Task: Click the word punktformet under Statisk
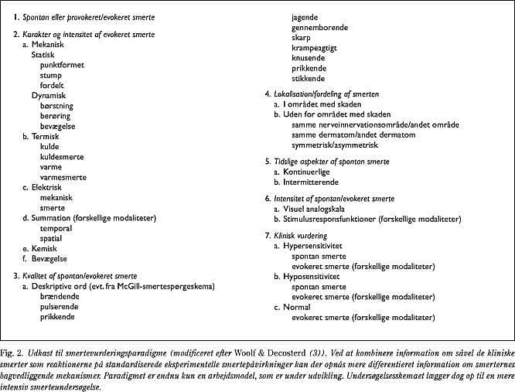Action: (63, 65)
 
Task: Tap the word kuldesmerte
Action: (62, 156)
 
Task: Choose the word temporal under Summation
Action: (56, 228)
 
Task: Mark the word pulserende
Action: (60, 307)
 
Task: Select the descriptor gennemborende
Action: (319, 27)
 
